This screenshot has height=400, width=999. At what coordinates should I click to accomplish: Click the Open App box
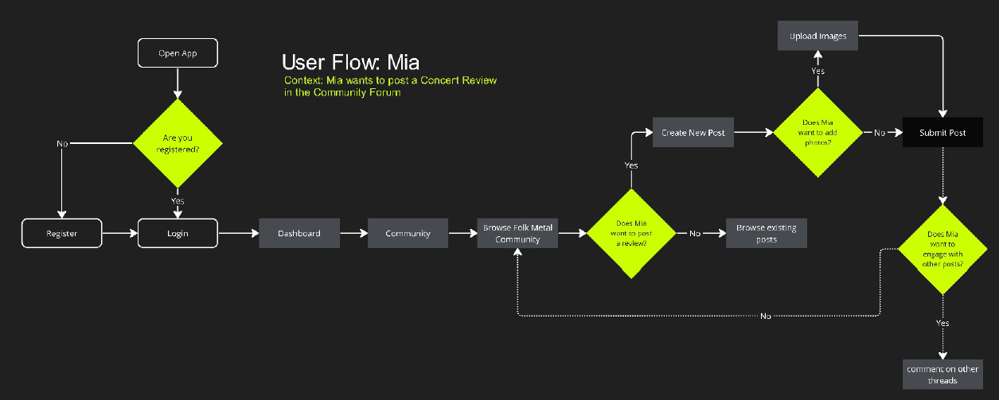point(178,54)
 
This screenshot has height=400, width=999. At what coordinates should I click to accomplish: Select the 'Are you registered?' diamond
point(178,144)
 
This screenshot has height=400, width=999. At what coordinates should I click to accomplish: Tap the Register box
point(62,234)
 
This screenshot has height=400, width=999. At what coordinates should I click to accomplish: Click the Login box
point(178,234)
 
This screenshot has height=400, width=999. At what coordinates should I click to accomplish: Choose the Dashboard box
point(299,233)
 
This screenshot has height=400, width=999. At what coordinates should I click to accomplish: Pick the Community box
point(408,233)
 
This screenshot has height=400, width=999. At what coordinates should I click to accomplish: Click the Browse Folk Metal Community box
point(517,234)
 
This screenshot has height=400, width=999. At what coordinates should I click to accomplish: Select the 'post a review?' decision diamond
point(630,234)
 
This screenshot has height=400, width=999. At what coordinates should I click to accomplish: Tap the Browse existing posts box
point(767,233)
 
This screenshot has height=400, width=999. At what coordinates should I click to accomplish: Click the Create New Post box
point(693,133)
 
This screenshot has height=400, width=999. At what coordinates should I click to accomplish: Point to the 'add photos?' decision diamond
point(818,133)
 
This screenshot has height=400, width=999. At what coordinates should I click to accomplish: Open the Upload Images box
point(818,37)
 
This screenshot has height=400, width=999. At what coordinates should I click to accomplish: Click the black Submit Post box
point(942,133)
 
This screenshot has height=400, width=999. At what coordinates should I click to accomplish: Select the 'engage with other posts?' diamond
point(942,249)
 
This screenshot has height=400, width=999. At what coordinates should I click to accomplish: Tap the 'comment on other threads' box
point(942,375)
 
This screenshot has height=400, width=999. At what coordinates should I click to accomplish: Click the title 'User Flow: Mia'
point(350,62)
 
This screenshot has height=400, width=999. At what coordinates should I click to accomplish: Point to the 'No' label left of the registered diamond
point(62,144)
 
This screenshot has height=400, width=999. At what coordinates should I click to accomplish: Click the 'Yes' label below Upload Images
point(818,72)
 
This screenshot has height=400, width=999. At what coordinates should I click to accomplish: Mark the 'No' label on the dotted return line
point(765,316)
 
